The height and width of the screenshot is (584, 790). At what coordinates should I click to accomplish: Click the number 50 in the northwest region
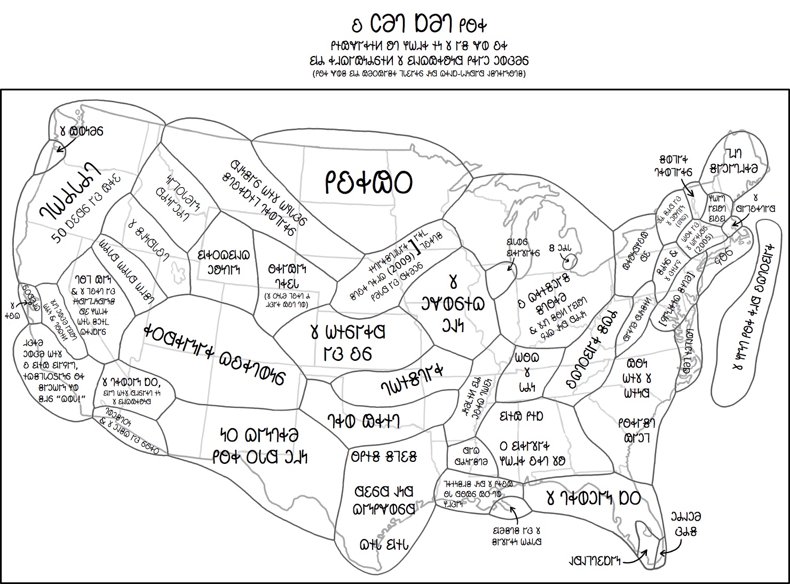[x=59, y=234]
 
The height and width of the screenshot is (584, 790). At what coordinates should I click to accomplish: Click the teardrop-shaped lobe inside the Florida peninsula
[x=643, y=534]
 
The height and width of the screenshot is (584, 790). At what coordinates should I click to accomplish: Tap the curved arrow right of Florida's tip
[x=670, y=547]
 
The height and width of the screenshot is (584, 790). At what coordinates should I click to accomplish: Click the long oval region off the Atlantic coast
[x=745, y=315]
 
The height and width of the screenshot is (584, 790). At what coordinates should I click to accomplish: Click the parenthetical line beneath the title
[x=420, y=74]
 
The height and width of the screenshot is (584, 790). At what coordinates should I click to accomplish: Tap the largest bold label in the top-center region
[x=368, y=182]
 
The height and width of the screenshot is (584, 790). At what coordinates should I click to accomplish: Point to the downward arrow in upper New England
[x=688, y=186]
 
